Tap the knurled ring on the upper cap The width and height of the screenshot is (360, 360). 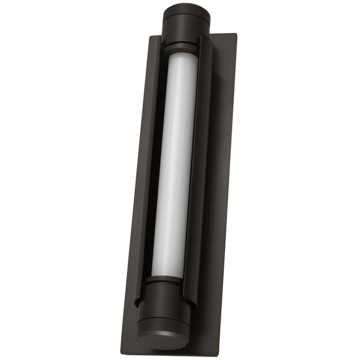click(x=185, y=19)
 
